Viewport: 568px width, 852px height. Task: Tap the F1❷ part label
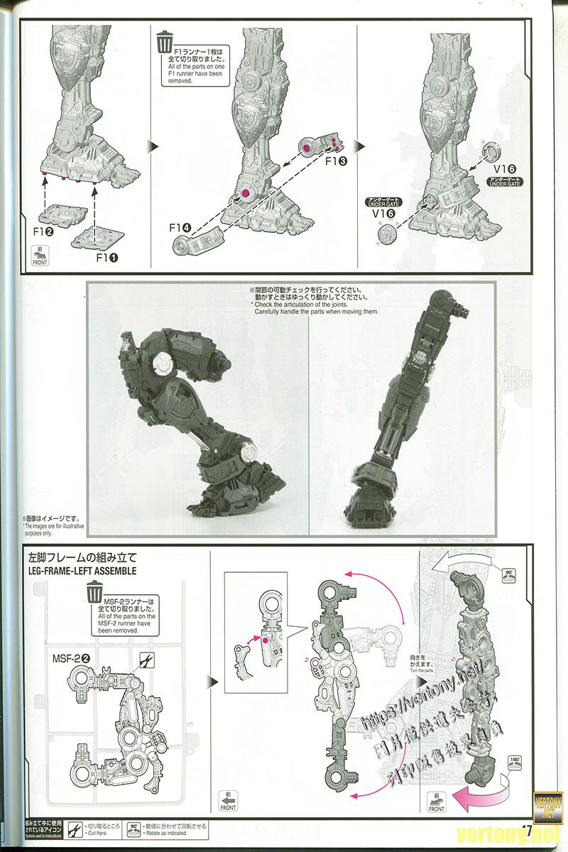click(45, 231)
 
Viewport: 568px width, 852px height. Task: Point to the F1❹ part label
click(180, 227)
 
